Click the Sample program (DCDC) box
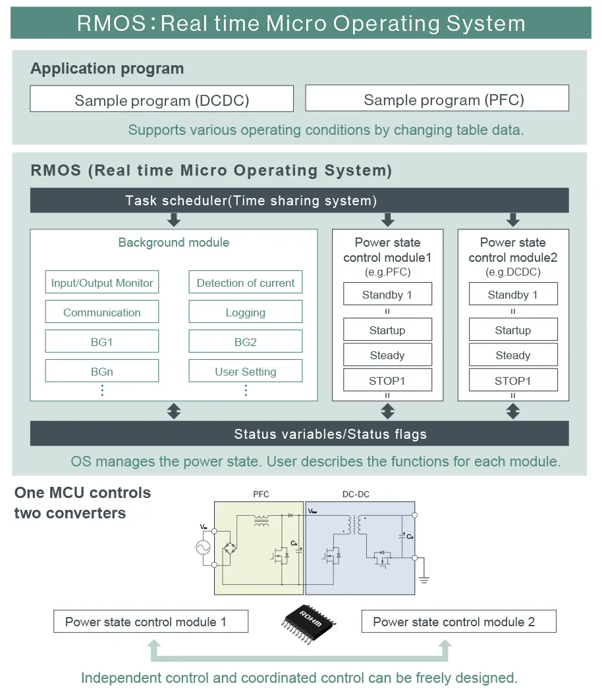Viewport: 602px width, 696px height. pos(161,100)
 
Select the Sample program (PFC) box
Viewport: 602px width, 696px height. pos(437,99)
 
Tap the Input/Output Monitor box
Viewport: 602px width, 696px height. pos(102,283)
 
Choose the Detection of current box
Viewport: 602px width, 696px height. pos(245,283)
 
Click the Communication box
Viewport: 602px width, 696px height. pos(102,312)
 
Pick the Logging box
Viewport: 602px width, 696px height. pos(245,312)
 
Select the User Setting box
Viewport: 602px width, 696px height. pos(245,372)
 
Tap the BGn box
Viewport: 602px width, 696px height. pos(102,372)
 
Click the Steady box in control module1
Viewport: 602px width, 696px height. pos(387,355)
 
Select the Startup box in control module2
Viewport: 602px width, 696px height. pos(513,330)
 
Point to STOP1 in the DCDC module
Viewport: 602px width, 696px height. pos(513,380)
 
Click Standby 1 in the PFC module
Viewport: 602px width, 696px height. pos(387,295)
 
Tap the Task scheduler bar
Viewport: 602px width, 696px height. pos(299,201)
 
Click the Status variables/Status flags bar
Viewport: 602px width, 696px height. pos(299,434)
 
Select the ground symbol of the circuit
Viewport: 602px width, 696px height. pos(424,579)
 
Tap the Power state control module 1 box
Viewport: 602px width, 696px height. pos(151,622)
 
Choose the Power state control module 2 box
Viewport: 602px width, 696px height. pos(458,622)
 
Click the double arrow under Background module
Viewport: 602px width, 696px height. pos(174,411)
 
